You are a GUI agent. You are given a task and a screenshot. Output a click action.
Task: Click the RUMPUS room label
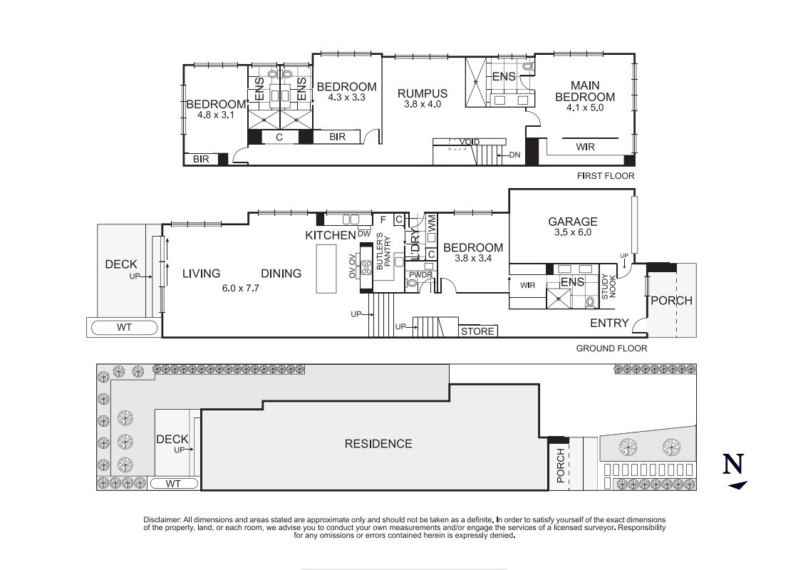click(423, 93)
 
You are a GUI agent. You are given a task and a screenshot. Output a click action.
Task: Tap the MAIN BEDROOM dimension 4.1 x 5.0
click(585, 108)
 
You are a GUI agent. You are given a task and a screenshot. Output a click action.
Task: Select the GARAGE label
click(573, 222)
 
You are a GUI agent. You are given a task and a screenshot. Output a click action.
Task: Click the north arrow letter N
click(734, 465)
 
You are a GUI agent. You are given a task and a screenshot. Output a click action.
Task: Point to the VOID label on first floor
click(470, 142)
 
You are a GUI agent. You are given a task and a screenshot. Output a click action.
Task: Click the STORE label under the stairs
click(477, 331)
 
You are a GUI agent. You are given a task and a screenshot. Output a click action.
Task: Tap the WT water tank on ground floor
click(122, 328)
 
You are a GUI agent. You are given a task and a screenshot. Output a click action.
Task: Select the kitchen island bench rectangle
click(326, 268)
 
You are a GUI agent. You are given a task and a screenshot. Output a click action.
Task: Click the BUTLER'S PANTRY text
click(384, 250)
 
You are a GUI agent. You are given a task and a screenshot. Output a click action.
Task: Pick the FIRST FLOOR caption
click(606, 175)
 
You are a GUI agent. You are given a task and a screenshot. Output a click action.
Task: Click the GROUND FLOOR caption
click(611, 348)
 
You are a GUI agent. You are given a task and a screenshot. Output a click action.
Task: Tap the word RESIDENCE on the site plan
click(378, 444)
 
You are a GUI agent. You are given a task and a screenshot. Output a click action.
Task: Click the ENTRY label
click(609, 323)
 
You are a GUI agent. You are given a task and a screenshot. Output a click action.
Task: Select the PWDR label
click(416, 274)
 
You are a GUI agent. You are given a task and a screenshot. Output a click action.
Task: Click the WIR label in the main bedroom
click(585, 147)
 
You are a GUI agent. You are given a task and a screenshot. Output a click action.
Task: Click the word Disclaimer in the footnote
click(162, 520)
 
